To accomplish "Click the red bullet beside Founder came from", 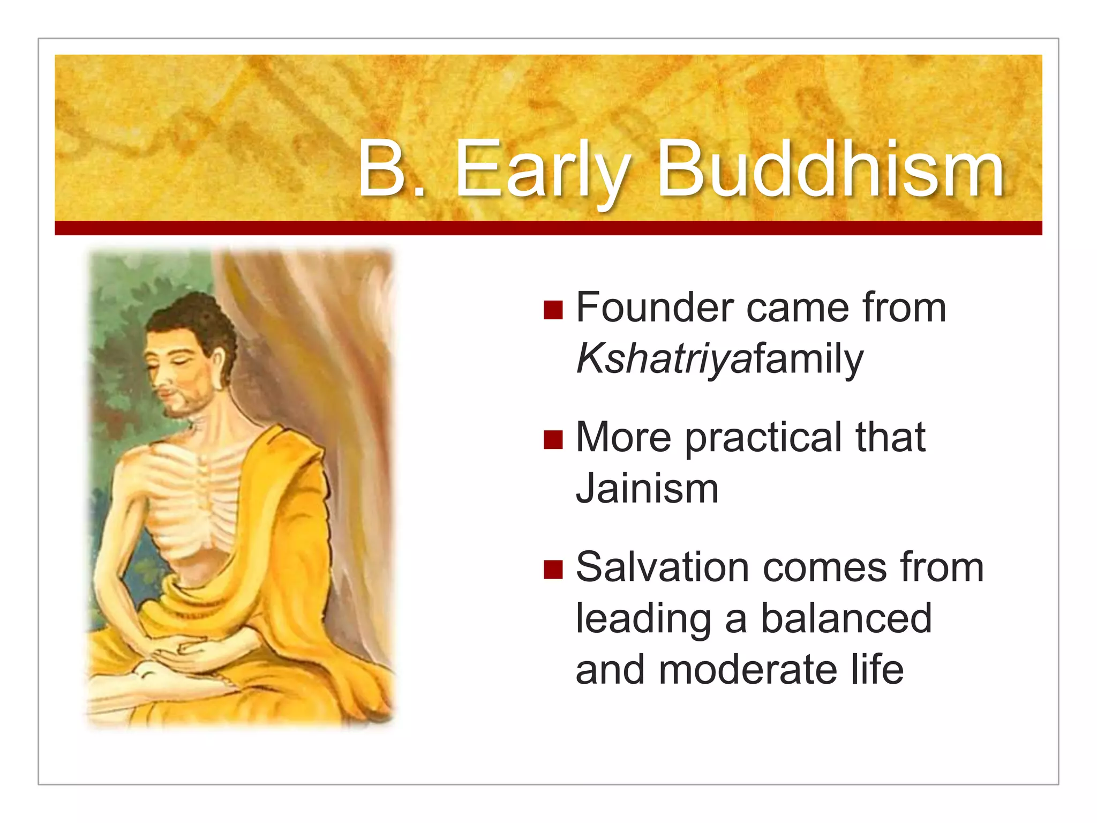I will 553,310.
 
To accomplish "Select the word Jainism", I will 647,489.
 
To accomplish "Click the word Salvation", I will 662,567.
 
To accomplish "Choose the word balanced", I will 846,619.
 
